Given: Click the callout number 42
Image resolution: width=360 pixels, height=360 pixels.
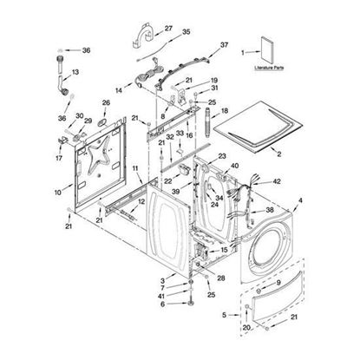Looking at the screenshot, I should pyautogui.click(x=277, y=182).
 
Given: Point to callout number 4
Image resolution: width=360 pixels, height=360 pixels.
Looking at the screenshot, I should pyautogui.click(x=300, y=201).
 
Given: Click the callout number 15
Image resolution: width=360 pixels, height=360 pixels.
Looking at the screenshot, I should pyautogui.click(x=224, y=249).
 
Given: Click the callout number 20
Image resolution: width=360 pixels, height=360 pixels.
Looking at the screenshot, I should pyautogui.click(x=246, y=327).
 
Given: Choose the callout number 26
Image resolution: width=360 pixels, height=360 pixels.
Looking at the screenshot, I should pyautogui.click(x=107, y=103).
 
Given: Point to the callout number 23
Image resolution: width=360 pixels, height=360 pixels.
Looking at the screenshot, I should pyautogui.click(x=222, y=156).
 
